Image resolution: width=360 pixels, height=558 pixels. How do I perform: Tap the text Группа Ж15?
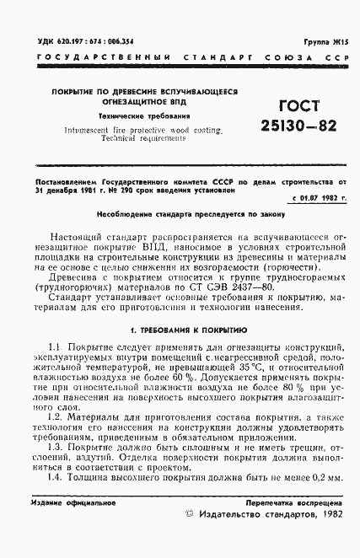pos(325,40)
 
